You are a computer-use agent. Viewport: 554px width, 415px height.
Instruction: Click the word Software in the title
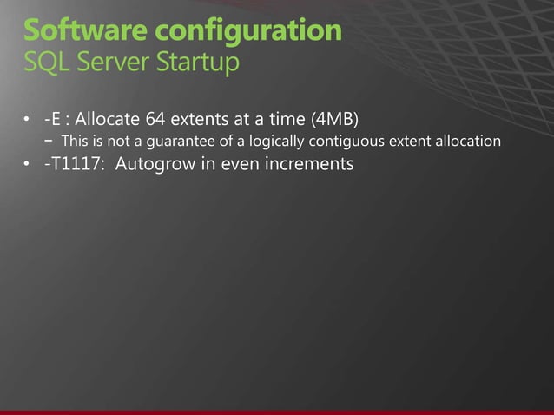pos(77,30)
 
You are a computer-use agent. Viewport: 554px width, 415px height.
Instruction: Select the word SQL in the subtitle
pos(46,63)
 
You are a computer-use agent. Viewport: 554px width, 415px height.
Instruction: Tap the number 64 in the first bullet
pos(160,117)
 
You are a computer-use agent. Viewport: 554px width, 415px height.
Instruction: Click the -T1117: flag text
pos(75,164)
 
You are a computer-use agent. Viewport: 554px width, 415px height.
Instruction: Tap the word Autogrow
pos(152,165)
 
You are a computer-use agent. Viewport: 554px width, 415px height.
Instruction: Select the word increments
pos(311,164)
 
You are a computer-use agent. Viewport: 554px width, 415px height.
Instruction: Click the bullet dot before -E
pos(28,118)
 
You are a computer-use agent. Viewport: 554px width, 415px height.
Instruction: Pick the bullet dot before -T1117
pos(28,165)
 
